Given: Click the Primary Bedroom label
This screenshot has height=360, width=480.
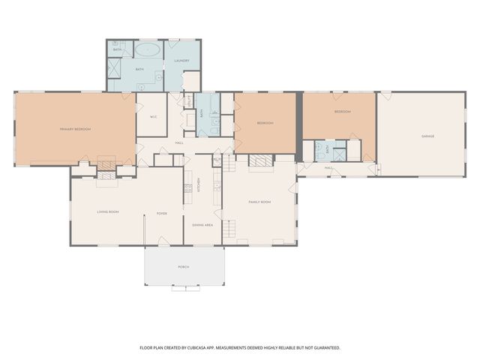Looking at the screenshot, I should (x=75, y=129).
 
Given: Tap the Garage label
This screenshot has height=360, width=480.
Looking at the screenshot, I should (x=427, y=136).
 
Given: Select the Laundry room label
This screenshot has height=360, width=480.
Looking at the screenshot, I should (x=181, y=60).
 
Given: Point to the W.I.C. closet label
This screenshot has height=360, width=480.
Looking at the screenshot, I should (x=152, y=115).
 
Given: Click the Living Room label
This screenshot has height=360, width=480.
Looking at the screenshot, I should (x=108, y=212).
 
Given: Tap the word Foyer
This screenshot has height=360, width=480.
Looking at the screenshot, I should (x=161, y=213).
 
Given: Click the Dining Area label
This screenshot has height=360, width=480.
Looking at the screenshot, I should (x=202, y=225).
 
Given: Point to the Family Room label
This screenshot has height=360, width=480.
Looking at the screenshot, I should (x=259, y=202).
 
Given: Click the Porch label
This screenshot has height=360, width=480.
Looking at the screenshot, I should (x=184, y=267).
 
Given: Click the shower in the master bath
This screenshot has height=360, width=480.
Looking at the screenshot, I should (x=117, y=68).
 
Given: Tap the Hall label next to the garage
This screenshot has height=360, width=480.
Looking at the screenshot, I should (x=328, y=167).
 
